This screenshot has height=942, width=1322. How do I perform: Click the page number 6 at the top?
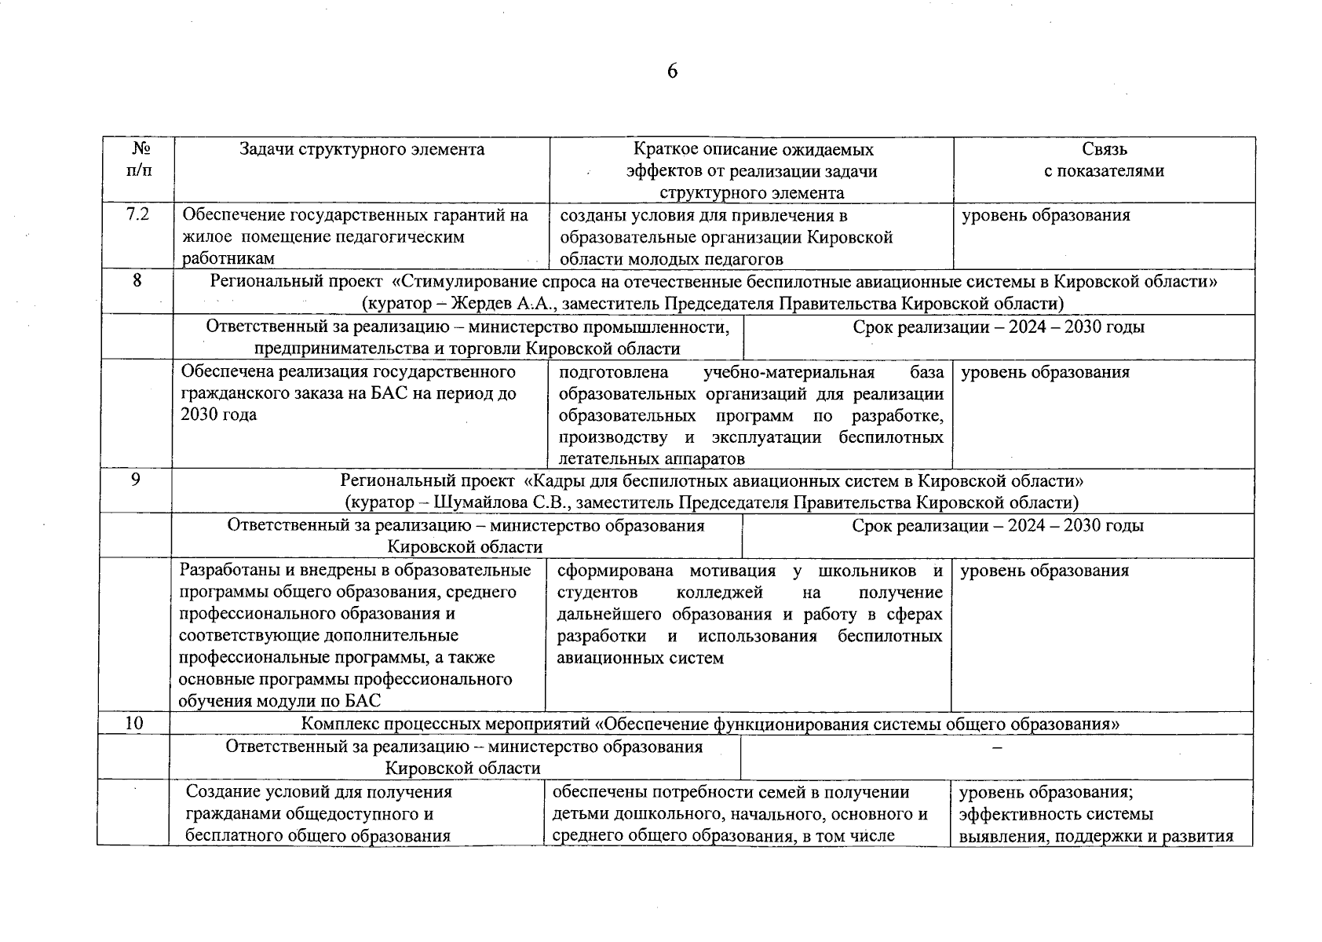click(672, 71)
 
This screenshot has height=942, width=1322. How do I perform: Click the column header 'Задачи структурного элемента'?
click(362, 149)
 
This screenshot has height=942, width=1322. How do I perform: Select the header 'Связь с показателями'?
click(1104, 160)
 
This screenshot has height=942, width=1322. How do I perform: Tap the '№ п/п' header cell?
click(139, 159)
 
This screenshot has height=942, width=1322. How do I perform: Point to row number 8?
click(137, 280)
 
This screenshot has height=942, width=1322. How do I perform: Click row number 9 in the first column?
click(136, 479)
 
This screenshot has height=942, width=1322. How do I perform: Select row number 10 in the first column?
click(134, 722)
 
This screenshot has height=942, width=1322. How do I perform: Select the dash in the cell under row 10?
click(997, 748)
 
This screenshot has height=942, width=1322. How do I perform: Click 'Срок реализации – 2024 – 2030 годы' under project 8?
click(998, 327)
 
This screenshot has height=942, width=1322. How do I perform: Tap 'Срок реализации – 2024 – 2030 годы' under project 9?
click(997, 526)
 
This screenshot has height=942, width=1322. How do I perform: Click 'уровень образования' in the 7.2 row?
click(1046, 215)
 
